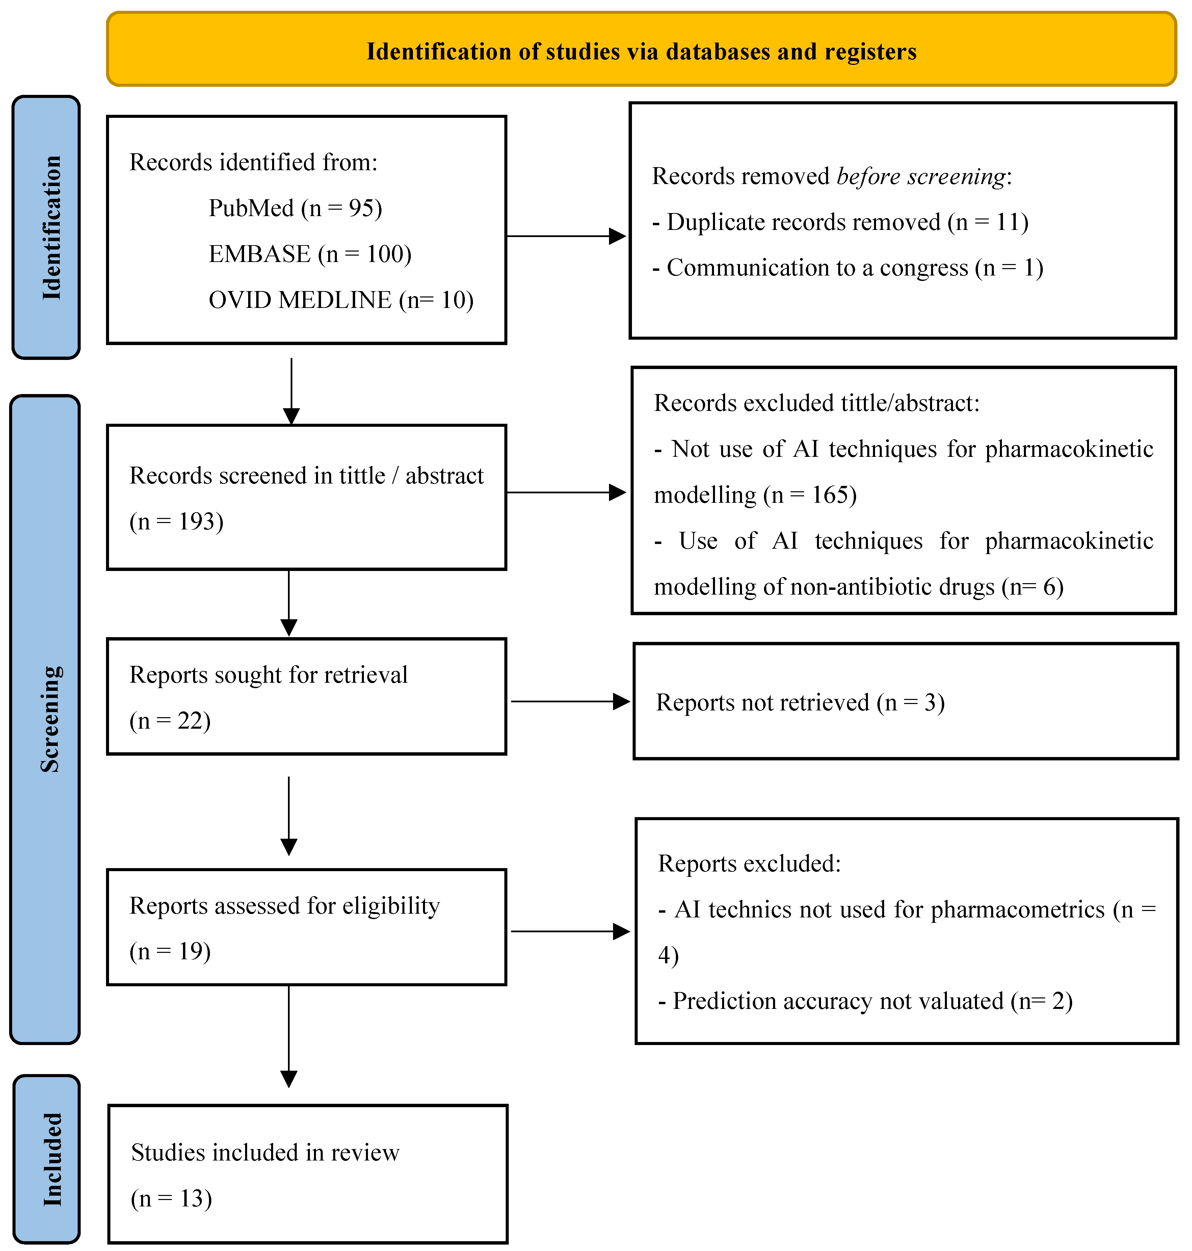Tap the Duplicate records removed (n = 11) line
pos(840,222)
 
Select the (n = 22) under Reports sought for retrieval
pos(170,720)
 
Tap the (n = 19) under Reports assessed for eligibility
pos(170,951)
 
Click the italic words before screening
pos(921,176)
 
